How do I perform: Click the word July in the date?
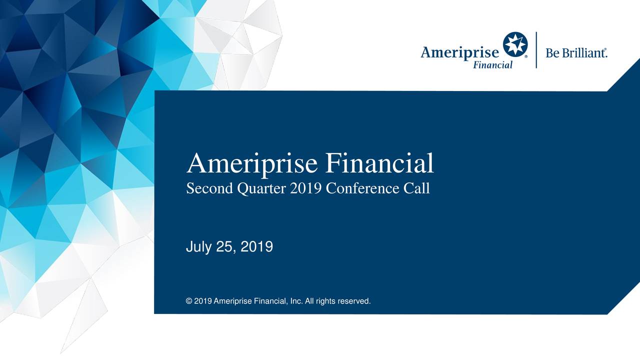[x=197, y=247]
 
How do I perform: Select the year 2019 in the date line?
[x=256, y=246]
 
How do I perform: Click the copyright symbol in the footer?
[x=188, y=301]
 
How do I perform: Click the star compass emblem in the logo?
[x=515, y=44]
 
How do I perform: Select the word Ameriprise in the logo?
[x=459, y=53]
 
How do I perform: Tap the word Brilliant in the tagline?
[x=584, y=53]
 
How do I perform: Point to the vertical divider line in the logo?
[x=536, y=50]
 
